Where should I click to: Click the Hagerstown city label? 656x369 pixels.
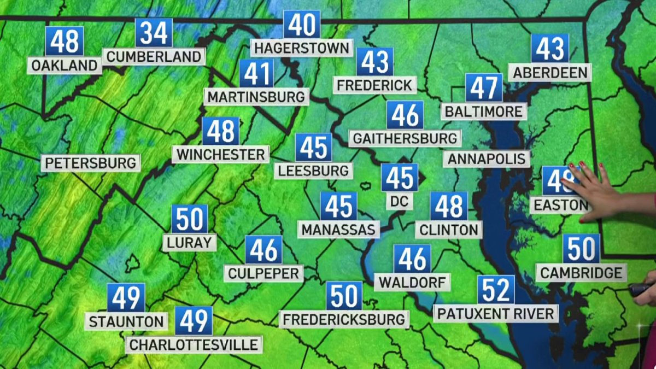coord(302,48)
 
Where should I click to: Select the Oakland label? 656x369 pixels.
coord(65,66)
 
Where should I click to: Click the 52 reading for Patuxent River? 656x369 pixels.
coord(496,290)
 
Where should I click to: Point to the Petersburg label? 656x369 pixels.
coord(90,163)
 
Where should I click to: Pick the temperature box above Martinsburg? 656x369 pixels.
coord(256,74)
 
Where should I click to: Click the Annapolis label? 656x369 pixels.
coord(487,159)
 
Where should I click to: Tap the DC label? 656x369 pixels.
coord(400,201)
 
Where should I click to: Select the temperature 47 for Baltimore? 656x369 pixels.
coord(484,88)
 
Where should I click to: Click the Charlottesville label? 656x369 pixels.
coord(194,345)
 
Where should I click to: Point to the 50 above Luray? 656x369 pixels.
coord(190,219)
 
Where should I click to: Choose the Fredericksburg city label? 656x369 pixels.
coord(344,318)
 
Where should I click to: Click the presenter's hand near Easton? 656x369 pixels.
coord(593,191)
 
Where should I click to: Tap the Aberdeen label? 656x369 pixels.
coord(549,72)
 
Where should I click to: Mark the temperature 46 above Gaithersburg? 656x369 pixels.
coord(405,115)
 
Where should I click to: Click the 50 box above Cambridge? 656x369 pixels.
coord(581,249)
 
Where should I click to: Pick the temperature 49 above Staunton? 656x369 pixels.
coord(126,298)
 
